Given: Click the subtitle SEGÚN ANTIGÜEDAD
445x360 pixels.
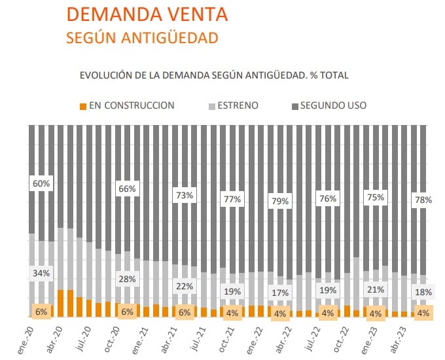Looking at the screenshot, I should (x=142, y=38).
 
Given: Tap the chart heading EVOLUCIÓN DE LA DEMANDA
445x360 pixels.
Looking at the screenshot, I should (x=213, y=75).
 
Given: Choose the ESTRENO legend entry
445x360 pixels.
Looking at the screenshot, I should (x=233, y=105).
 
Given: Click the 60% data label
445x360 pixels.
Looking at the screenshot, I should (x=41, y=184).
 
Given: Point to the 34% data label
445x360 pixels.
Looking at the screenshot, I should (x=41, y=273).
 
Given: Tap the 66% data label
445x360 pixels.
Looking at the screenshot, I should (x=127, y=189).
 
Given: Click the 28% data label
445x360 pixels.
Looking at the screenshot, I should (x=127, y=279).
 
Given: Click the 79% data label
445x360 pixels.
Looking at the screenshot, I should (x=280, y=201).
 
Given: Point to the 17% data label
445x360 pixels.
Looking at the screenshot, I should (x=280, y=293).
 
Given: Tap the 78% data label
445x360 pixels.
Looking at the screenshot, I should (x=423, y=200).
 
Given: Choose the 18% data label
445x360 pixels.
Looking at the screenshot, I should (x=423, y=292).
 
